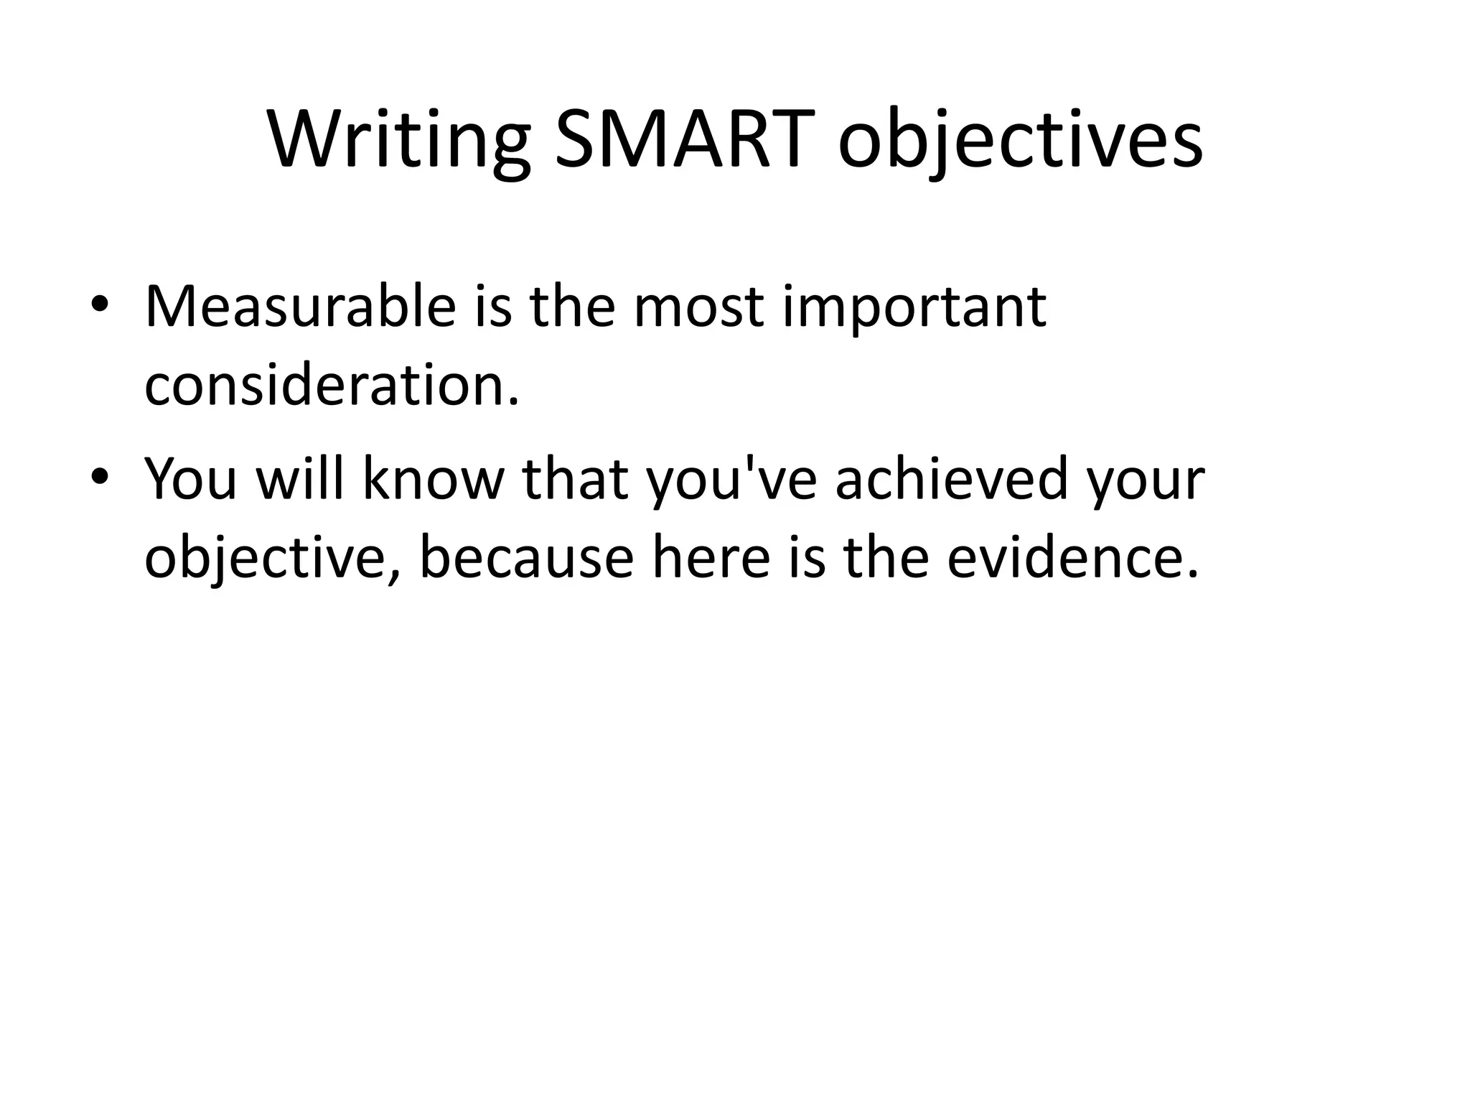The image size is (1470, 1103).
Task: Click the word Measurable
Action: pyautogui.click(x=300, y=307)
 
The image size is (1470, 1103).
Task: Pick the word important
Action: pyautogui.click(x=913, y=307)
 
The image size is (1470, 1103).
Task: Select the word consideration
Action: pyautogui.click(x=331, y=385)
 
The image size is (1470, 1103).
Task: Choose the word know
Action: pyautogui.click(x=434, y=480)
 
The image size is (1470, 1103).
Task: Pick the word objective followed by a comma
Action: pyautogui.click(x=271, y=558)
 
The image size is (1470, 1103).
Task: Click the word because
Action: pyautogui.click(x=526, y=558)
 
